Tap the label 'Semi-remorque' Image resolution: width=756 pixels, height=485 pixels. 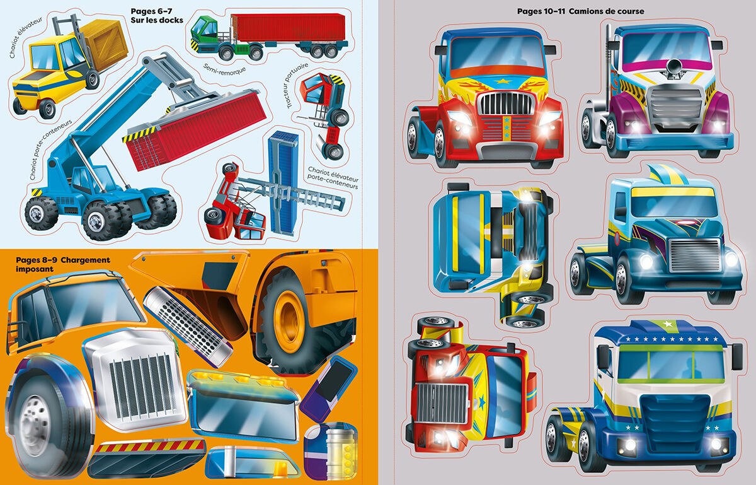[224, 67]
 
